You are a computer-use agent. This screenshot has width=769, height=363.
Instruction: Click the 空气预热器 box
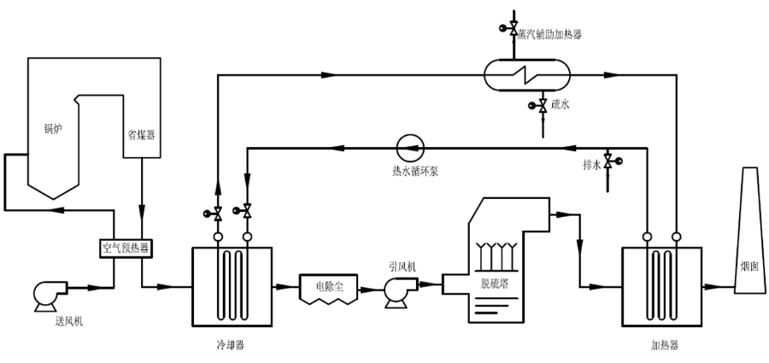[126, 249]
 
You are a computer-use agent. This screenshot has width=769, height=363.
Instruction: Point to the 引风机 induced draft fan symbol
[398, 290]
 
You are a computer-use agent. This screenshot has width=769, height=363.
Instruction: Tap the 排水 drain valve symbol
[608, 161]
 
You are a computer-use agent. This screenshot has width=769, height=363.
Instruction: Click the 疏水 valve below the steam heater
[543, 106]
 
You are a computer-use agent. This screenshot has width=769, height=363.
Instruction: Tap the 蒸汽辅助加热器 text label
[549, 33]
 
